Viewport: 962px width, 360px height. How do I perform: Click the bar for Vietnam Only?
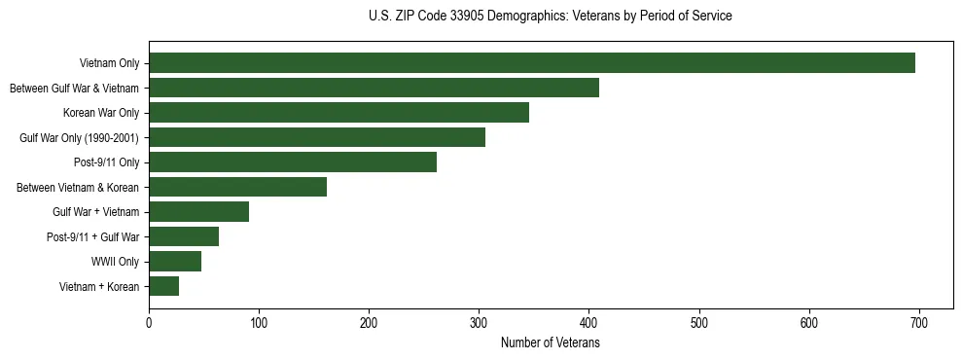point(532,63)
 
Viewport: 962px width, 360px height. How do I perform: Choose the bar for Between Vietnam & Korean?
point(237,187)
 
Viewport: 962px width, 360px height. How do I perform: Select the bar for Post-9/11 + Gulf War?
point(184,236)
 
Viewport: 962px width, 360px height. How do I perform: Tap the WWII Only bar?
point(175,261)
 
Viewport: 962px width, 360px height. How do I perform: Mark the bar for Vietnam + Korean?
point(163,286)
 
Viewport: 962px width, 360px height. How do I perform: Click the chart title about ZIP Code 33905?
point(551,17)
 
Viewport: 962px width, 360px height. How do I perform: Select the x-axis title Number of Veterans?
point(551,343)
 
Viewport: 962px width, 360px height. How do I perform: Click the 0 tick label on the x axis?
point(149,322)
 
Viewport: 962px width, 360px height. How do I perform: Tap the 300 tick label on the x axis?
point(479,322)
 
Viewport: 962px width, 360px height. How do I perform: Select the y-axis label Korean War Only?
point(101,113)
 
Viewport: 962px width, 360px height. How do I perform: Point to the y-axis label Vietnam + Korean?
point(99,286)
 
